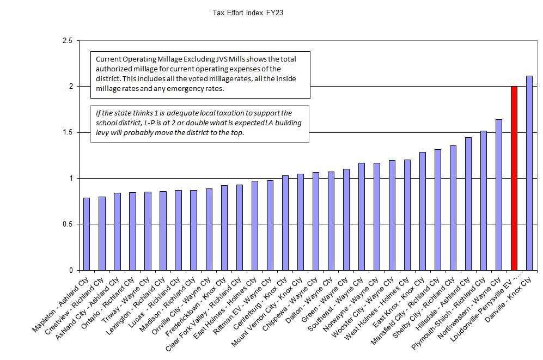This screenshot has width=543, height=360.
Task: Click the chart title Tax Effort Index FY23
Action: click(247, 12)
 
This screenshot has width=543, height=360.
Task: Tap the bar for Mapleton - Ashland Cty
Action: click(87, 234)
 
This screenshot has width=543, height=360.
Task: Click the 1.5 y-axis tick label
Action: click(67, 132)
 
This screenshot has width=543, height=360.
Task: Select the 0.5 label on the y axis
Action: click(67, 224)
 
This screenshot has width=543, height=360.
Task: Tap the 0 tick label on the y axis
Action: click(70, 270)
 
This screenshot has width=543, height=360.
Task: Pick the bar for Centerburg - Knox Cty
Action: click(285, 223)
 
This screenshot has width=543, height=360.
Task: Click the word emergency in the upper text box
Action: click(203, 88)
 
